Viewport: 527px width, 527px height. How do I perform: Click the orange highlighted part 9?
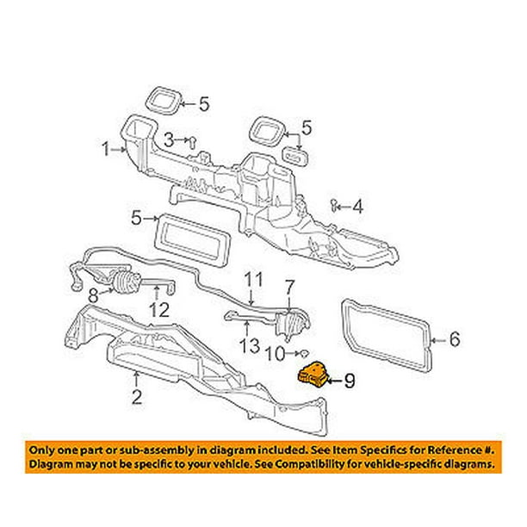pyautogui.click(x=312, y=376)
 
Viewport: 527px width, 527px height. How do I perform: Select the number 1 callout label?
pyautogui.click(x=105, y=149)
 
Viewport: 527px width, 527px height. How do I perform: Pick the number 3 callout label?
pyautogui.click(x=170, y=139)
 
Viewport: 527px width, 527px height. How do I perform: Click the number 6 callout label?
pyautogui.click(x=456, y=338)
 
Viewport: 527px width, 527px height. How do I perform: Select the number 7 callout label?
pyautogui.click(x=289, y=284)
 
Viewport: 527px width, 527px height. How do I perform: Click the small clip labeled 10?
pyautogui.click(x=306, y=354)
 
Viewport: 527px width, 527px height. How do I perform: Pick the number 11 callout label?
pyautogui.click(x=251, y=279)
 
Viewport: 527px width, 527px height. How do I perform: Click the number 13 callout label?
pyautogui.click(x=249, y=345)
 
